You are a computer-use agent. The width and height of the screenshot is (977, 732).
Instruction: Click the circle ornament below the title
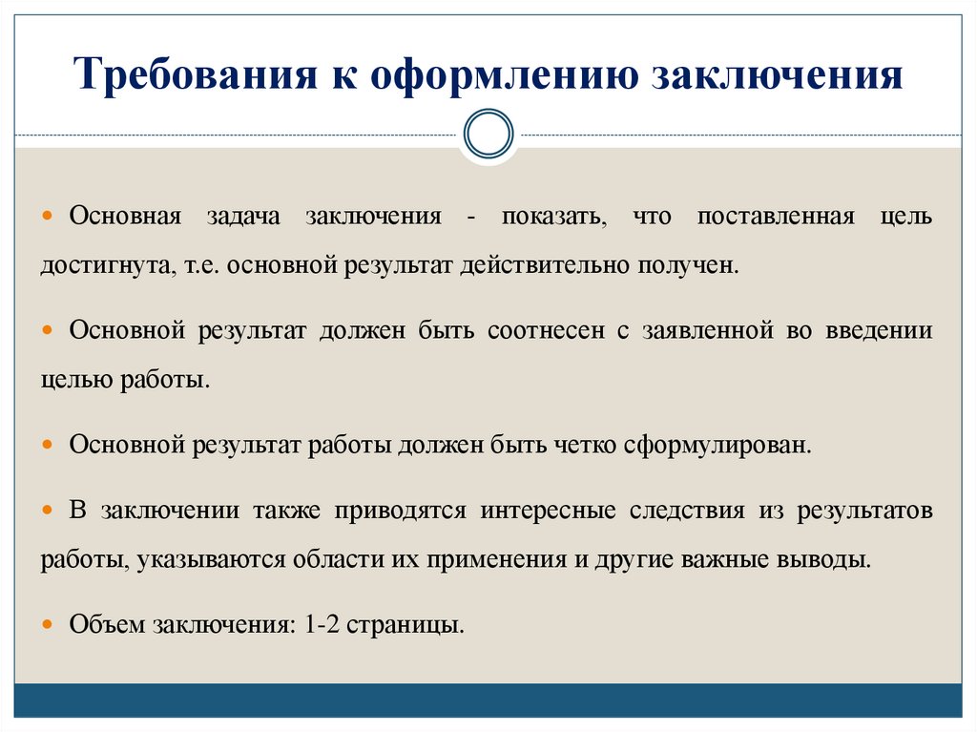(488, 134)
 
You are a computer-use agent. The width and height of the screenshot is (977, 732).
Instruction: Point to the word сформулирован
(717, 446)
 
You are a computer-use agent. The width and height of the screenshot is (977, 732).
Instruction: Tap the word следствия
(687, 511)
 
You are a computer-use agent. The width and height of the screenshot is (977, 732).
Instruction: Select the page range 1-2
(322, 625)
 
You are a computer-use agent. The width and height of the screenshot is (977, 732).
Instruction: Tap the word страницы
(405, 626)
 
